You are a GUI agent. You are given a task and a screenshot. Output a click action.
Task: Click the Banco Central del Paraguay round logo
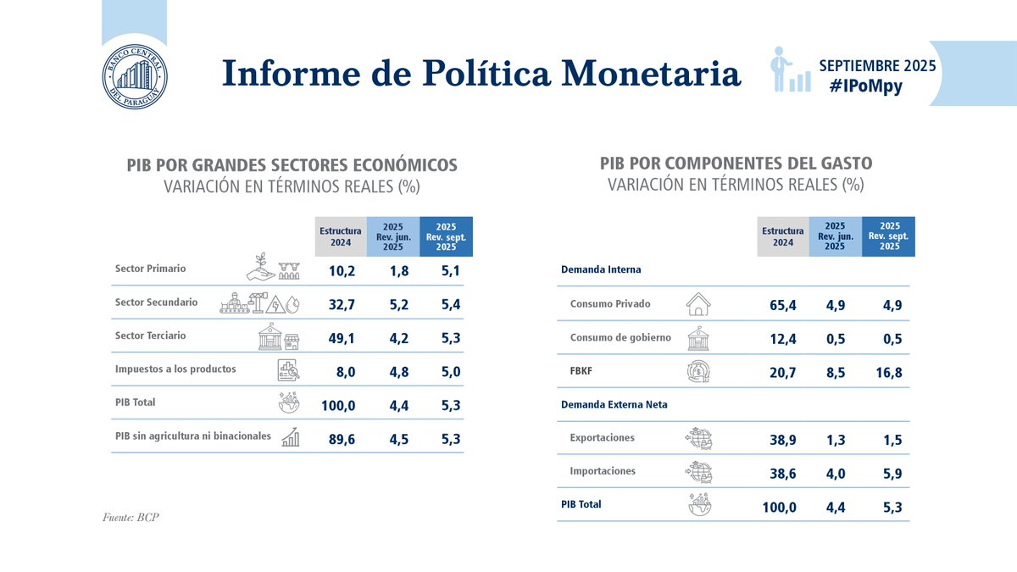click(135, 75)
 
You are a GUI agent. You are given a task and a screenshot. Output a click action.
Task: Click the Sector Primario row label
click(150, 269)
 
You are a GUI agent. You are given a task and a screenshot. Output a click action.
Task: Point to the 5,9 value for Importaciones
click(892, 472)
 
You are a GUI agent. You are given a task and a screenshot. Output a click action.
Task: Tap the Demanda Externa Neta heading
click(614, 404)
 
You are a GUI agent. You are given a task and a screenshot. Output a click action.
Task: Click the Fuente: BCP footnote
click(130, 517)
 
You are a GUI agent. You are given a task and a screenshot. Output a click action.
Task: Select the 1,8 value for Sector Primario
click(393, 270)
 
